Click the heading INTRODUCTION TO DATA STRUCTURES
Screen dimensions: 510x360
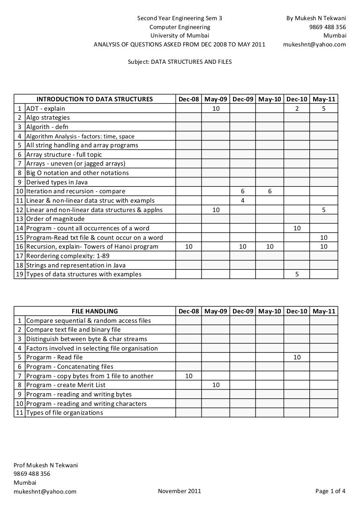95,99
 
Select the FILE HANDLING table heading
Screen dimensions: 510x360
95,311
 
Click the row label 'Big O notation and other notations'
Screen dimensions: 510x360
77,173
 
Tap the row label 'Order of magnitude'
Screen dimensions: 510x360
55,219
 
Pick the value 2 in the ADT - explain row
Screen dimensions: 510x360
297,108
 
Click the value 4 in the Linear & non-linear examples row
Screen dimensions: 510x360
243,200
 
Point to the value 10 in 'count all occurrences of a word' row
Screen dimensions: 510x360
297,228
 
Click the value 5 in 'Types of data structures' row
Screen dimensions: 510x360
297,274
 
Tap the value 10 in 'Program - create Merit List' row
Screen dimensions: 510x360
216,385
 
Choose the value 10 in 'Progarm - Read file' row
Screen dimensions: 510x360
297,357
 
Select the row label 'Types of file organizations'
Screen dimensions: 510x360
64,412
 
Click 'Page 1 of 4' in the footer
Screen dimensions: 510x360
330,491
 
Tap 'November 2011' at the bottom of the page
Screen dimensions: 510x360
180,491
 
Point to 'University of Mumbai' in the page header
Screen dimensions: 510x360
180,36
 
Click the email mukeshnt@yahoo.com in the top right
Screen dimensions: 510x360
315,45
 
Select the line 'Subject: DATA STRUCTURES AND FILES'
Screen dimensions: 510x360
180,61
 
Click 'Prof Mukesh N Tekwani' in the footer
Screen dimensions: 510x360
45,465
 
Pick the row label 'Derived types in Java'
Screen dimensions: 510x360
57,182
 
